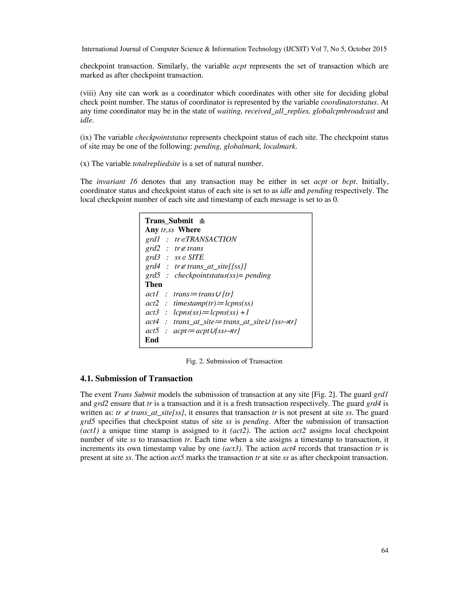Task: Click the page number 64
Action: point(384,550)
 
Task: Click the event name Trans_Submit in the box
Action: point(169,221)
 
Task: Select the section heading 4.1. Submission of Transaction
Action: point(136,379)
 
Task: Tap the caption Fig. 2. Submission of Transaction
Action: point(234,361)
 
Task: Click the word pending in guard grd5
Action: point(258,275)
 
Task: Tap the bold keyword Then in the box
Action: point(153,284)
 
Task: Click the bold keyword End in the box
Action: point(152,340)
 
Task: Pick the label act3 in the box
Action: point(152,312)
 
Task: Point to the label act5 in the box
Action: point(152,331)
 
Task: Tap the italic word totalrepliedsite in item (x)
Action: point(156,164)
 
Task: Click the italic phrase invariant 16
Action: point(117,182)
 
